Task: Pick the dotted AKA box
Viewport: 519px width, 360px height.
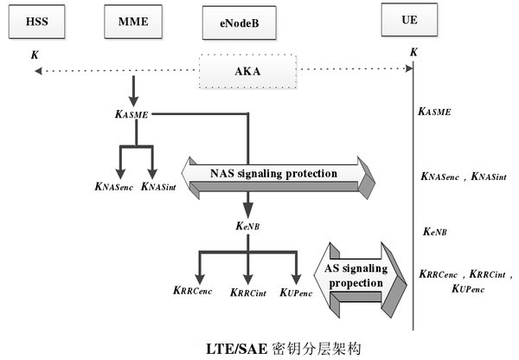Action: tap(248, 72)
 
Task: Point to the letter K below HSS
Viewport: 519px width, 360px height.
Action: tap(34, 55)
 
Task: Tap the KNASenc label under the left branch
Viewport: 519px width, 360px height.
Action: tap(112, 185)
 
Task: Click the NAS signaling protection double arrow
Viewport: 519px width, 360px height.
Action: tap(279, 175)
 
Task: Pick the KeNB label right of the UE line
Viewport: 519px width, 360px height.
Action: tap(434, 232)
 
